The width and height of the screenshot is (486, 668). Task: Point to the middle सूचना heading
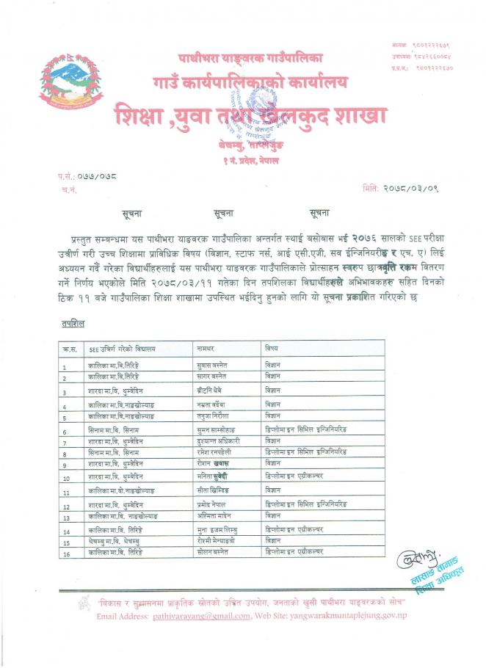coord(224,213)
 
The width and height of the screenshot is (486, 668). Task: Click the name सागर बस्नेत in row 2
coord(213,377)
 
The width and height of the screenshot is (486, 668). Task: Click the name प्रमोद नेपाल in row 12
coord(214,506)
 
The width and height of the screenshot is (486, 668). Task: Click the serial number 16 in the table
coord(66,555)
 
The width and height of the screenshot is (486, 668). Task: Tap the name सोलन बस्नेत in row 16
coord(214,553)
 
